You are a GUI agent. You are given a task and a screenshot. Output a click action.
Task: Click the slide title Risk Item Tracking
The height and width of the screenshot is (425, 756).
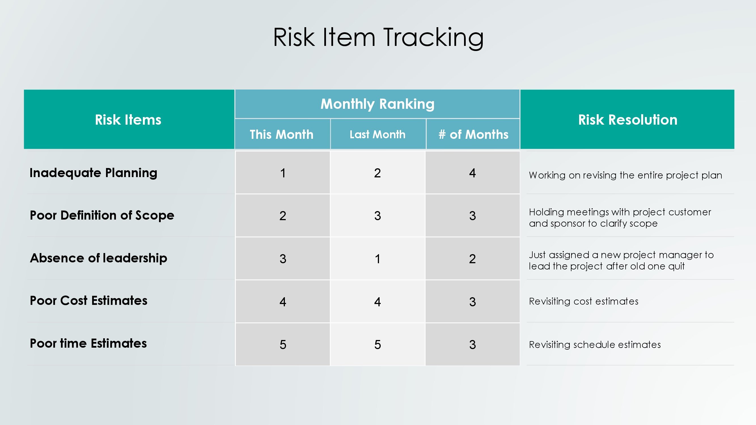coord(378,38)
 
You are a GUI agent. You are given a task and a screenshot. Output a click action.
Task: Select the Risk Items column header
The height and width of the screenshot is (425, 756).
coord(128,120)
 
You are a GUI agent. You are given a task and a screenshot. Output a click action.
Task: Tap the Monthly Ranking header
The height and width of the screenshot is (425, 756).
coord(377,104)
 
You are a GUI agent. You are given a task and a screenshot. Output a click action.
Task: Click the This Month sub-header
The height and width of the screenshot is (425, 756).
coord(282,134)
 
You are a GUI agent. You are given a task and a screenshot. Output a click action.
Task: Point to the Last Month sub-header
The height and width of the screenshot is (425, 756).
coord(377,134)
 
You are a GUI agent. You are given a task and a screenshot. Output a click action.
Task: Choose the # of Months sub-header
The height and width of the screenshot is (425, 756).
coord(473,134)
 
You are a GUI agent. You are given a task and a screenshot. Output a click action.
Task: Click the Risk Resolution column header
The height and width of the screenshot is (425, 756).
coord(628,120)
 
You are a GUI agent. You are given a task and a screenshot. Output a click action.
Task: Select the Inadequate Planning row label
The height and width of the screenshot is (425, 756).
coord(93,173)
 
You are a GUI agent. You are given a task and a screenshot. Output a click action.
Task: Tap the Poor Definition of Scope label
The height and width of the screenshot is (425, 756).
coord(102,215)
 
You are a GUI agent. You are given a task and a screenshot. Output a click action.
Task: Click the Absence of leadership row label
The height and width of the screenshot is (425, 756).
coord(99,258)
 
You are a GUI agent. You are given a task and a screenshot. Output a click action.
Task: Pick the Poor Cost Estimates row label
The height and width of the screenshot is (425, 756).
coord(88,301)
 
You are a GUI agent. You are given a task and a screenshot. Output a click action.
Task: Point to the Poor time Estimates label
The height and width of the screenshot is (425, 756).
coord(88,343)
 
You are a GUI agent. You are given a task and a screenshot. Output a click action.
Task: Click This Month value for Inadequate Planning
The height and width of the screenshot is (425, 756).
coord(283,173)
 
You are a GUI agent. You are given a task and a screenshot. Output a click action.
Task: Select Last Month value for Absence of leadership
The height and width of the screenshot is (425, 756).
coord(378,259)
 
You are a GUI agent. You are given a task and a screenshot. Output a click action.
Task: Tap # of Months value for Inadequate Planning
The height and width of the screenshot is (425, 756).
coord(472,173)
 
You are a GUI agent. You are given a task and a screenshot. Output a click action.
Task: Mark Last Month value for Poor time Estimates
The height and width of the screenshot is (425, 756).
coord(378,345)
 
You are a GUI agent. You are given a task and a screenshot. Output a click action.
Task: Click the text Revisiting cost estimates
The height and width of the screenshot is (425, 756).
coord(584,301)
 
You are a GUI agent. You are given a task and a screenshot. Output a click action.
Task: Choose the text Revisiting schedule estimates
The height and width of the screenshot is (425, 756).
coord(595,344)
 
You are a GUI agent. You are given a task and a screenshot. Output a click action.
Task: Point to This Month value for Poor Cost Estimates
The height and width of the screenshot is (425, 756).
coord(283,302)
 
